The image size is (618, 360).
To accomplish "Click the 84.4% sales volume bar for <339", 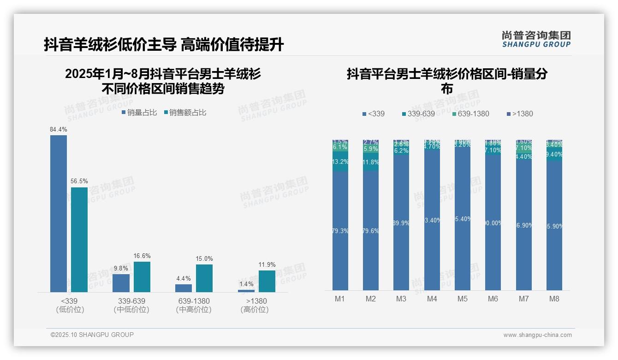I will point(59,213).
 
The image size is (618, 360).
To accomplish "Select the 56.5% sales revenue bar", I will point(79,239).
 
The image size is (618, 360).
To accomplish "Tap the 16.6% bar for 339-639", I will point(142,276).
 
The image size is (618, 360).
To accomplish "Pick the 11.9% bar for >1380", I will point(267,281).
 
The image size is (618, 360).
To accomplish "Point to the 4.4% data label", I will point(184,278).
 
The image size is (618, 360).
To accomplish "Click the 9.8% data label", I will point(121,268).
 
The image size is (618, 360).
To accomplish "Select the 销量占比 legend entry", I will point(139,113).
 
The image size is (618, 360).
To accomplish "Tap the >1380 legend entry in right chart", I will point(520,114).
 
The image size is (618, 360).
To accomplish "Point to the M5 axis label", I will point(462,299).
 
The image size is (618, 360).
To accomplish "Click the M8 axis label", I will point(554,299).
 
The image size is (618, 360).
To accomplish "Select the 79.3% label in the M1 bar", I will point(340,231).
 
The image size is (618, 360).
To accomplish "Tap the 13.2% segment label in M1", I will point(340,162).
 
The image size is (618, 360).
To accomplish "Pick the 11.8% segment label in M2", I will point(371,162).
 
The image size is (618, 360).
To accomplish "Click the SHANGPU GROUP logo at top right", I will point(536,39).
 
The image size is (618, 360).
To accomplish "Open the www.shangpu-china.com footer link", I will point(537,335).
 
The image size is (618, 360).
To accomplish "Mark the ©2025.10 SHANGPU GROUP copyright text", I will point(92,335).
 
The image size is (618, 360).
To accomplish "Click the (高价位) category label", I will point(254,310).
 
